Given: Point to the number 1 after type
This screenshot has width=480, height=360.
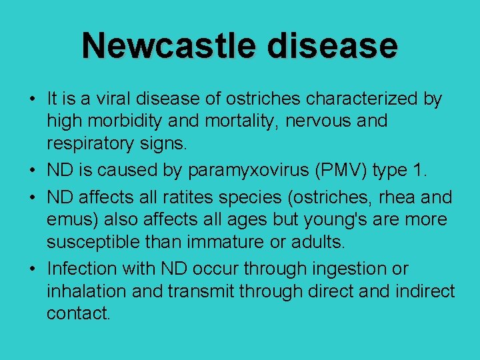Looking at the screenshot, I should point(418,171).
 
